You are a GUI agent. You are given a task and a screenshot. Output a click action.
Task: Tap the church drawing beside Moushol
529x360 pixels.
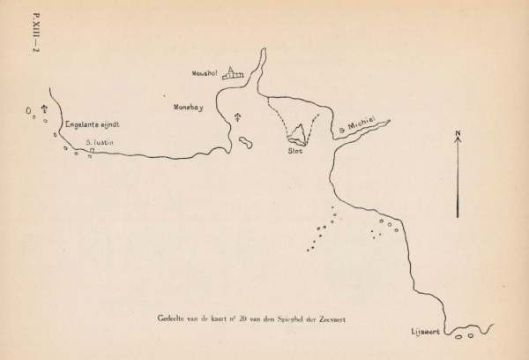click(x=232, y=74)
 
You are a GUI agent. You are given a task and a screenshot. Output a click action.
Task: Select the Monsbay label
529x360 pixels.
click(x=189, y=107)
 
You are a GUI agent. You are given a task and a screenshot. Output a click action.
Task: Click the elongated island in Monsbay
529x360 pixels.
click(x=246, y=142)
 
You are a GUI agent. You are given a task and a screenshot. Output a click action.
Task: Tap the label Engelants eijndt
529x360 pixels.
click(x=92, y=125)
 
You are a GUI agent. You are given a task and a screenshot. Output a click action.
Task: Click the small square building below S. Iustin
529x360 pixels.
click(x=91, y=151)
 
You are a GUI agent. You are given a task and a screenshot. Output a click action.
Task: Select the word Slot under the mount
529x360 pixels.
click(x=295, y=151)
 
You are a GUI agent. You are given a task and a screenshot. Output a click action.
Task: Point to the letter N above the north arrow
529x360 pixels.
click(x=458, y=134)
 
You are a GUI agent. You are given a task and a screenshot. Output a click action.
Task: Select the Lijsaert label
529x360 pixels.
click(x=425, y=333)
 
